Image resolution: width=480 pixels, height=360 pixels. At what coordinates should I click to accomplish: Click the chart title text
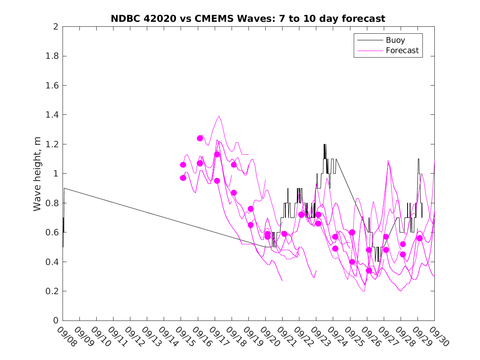pyautogui.click(x=248, y=19)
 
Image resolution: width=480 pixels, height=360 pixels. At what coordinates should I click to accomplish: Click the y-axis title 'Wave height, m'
pyautogui.click(x=37, y=174)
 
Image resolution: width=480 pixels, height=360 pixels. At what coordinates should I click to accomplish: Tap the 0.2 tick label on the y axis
pyautogui.click(x=52, y=291)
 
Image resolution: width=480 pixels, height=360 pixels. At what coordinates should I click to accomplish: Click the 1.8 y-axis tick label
pyautogui.click(x=52, y=56)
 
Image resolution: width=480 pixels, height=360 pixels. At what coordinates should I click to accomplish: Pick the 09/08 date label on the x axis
pyautogui.click(x=66, y=337)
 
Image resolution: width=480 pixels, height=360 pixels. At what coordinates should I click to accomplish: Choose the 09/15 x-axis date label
pyautogui.click(x=184, y=337)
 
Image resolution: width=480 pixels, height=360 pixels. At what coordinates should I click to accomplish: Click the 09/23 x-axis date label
pyautogui.click(x=319, y=337)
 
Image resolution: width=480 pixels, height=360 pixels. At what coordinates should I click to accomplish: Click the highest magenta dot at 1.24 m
pyautogui.click(x=200, y=138)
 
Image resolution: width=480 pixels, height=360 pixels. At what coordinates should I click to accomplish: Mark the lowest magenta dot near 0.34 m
pyautogui.click(x=369, y=270)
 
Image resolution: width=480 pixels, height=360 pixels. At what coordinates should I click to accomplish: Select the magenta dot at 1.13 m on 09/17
pyautogui.click(x=217, y=154)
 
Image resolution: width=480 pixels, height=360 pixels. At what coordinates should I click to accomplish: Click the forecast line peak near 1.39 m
pyautogui.click(x=219, y=116)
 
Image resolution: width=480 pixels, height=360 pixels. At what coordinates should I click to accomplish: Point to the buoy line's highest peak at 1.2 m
pyautogui.click(x=325, y=144)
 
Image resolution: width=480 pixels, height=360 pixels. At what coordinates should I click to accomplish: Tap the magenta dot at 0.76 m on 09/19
pyautogui.click(x=250, y=209)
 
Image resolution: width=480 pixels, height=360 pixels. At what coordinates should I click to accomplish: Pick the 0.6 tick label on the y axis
pyautogui.click(x=52, y=232)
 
